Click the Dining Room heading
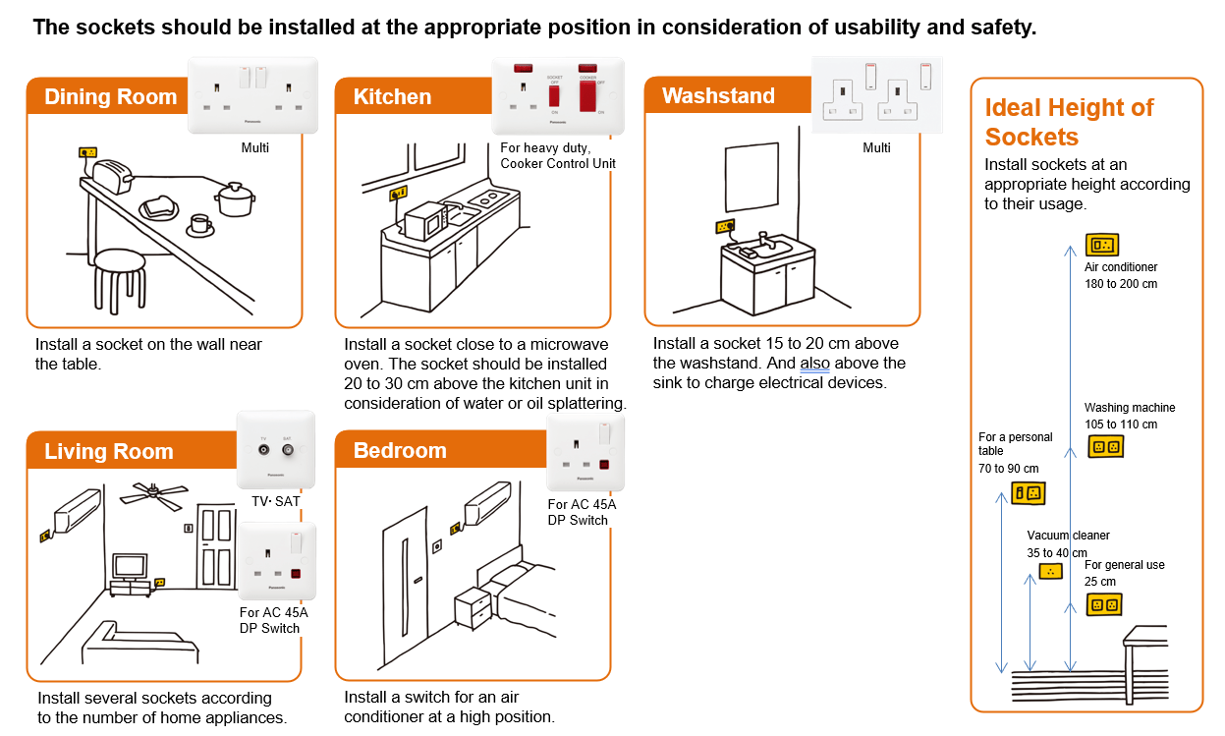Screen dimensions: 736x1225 [x=110, y=96]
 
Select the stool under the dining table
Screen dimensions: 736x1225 [x=119, y=280]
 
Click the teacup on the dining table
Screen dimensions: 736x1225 [x=200, y=224]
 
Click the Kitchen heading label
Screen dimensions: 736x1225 [x=392, y=96]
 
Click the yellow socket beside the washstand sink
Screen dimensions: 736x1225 [x=725, y=226]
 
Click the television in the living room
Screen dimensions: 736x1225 [x=130, y=567]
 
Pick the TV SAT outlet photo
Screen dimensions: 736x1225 [x=276, y=449]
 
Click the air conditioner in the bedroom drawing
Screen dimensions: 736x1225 [x=486, y=502]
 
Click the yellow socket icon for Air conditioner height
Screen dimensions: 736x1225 [x=1101, y=245]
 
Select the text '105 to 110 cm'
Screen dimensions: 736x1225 [x=1121, y=425]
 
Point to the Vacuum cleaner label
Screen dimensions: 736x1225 [x=1068, y=536]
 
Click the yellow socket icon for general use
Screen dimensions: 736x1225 [x=1104, y=605]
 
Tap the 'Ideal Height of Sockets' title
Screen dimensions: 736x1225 [x=1069, y=122]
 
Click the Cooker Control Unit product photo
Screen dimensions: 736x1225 [x=558, y=95]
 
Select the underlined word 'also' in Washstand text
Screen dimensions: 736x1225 [x=814, y=364]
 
